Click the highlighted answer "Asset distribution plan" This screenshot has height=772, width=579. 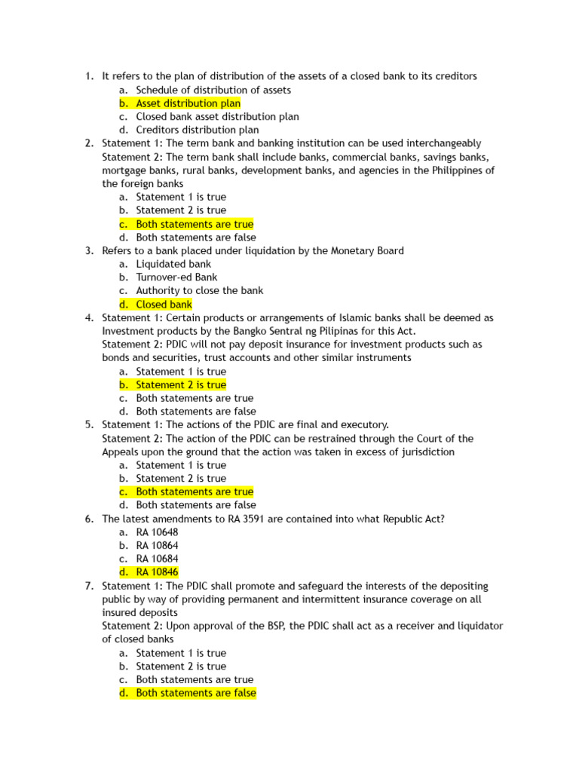188,103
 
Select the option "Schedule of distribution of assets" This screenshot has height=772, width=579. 213,90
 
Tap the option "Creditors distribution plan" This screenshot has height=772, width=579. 198,130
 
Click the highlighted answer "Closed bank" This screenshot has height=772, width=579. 164,305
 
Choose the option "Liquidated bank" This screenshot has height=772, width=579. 173,264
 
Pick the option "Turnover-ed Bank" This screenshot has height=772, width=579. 176,277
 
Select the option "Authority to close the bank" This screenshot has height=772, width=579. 199,290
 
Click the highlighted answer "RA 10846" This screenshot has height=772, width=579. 157,572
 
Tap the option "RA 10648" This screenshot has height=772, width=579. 157,532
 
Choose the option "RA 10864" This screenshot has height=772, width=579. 157,545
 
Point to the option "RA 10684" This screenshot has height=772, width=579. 157,559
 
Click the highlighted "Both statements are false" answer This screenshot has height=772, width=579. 196,693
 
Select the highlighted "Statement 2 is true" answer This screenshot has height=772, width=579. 181,384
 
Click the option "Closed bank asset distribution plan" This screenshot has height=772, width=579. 217,117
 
